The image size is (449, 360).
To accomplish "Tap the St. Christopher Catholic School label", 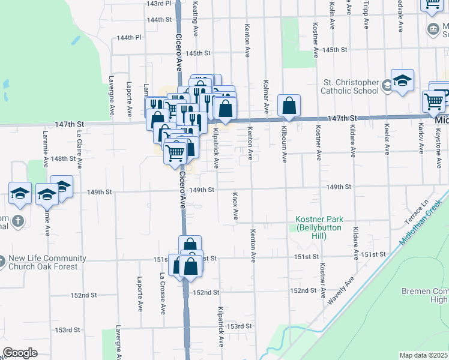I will coord(351,86).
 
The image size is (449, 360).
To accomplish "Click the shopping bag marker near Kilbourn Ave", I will coord(289,106).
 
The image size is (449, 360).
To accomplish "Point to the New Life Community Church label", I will coord(47,262).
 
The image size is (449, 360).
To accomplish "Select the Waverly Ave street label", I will coord(340,289).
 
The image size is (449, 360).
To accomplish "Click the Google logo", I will coord(20,353).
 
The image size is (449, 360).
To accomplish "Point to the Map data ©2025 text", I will coord(423,355).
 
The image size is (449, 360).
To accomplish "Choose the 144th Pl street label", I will coord(128,37).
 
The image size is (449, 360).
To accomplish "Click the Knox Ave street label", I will coord(235,205).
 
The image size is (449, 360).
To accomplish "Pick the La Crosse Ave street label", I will coord(162,293).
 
